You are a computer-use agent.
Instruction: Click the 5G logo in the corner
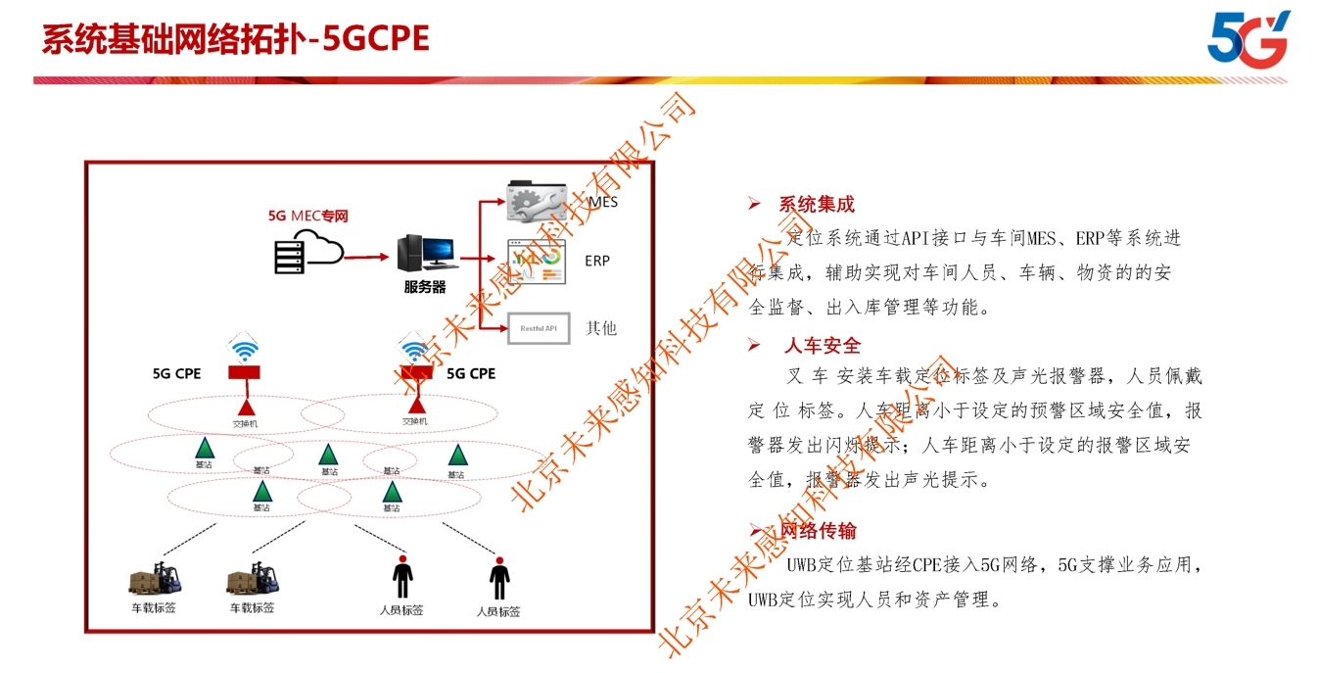coord(1247,39)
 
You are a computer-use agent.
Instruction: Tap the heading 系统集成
coord(817,205)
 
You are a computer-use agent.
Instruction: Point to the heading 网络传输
coord(819,531)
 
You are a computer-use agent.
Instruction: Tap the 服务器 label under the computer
coord(425,287)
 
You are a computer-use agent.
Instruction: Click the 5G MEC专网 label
coord(308,216)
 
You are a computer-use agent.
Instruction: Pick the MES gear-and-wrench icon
coord(537,201)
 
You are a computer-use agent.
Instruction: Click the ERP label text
coord(597,261)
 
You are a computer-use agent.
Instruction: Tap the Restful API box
coord(538,328)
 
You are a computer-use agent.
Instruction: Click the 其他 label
coord(601,328)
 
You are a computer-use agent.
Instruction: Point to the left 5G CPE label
coord(176,373)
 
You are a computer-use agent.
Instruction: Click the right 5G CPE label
coord(471,373)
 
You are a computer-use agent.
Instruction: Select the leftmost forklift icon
coord(157,579)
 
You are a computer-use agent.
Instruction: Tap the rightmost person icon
coord(499,579)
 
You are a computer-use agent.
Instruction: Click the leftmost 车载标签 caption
coord(154,608)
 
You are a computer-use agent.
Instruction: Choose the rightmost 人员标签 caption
coord(498,612)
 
